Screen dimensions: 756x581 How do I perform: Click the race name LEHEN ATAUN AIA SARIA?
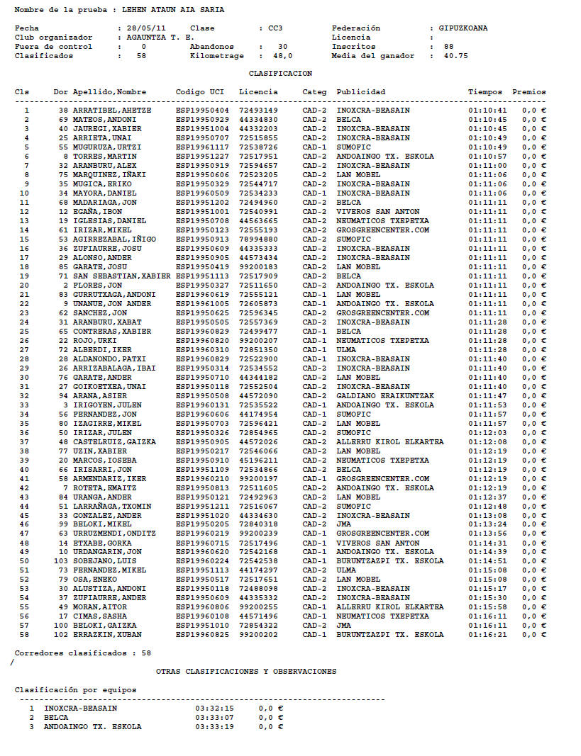click(x=173, y=11)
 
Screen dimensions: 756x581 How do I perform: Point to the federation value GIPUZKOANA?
click(x=463, y=28)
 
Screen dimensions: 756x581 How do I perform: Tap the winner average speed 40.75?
click(x=455, y=56)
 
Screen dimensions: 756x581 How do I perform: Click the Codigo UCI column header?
click(x=200, y=92)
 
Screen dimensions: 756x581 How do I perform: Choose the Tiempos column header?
click(x=485, y=92)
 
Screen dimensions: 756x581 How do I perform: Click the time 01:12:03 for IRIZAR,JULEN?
click(x=487, y=433)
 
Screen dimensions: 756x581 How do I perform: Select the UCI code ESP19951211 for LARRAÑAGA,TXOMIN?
click(x=202, y=507)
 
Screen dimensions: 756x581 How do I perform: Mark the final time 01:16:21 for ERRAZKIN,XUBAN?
click(x=487, y=635)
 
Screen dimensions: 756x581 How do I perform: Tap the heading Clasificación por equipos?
click(x=76, y=690)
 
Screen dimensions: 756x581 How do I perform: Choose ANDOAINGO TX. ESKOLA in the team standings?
click(x=92, y=727)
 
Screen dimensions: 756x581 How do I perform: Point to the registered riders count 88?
click(x=448, y=47)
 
